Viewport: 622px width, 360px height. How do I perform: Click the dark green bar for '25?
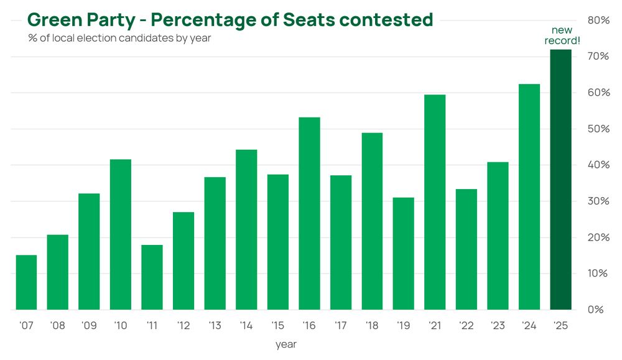560,180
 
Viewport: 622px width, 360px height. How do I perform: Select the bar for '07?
26,282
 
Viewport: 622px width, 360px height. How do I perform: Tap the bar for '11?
152,277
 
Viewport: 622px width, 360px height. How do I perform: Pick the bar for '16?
309,213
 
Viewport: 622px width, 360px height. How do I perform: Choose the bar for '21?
435,202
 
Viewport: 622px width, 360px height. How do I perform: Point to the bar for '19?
404,253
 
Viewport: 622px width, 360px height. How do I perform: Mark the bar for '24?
529,196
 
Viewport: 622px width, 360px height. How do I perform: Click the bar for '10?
121,234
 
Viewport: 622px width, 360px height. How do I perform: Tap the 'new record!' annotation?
562,35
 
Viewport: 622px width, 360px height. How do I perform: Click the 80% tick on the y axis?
598,21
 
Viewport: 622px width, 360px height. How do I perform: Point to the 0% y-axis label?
596,309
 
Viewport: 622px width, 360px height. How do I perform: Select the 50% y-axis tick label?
598,129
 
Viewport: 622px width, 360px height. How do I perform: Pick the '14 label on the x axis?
246,326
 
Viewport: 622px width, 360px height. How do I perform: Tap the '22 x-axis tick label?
466,326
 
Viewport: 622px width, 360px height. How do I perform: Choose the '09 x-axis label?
89,326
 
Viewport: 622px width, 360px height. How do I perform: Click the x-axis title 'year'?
286,344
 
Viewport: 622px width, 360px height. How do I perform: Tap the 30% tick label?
598,201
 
